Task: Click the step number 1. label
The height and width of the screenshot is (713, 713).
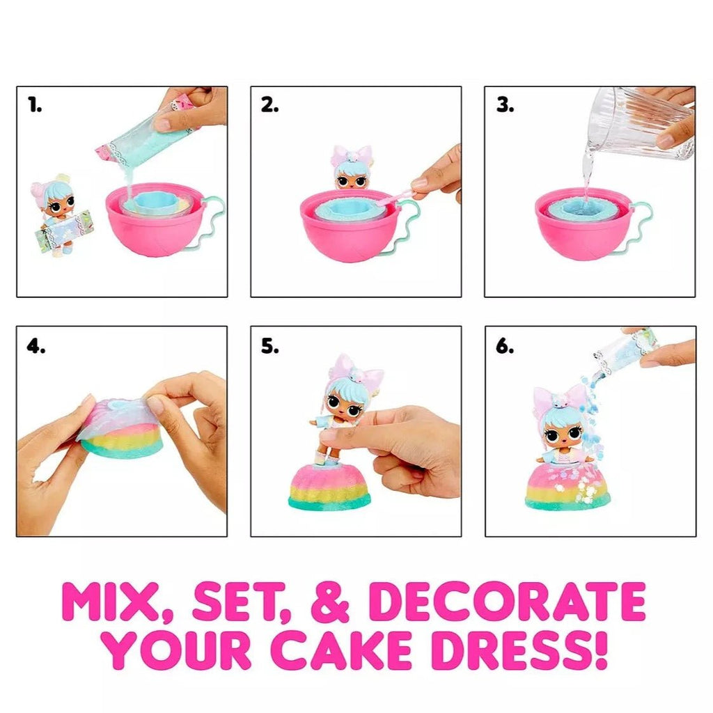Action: tap(35, 106)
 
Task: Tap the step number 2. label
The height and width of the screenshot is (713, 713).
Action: tap(269, 106)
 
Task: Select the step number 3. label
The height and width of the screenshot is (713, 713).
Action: tap(505, 106)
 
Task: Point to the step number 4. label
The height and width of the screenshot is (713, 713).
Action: tap(36, 346)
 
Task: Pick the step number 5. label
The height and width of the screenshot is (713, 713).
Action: tap(270, 346)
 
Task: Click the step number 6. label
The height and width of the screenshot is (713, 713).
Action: tap(505, 346)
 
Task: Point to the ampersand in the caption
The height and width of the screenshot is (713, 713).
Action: tap(329, 602)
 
